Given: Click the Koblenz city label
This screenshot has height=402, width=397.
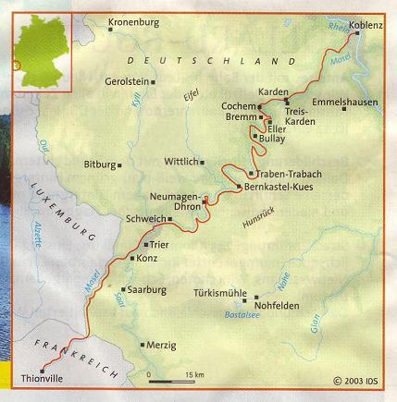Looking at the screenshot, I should [x=366, y=26].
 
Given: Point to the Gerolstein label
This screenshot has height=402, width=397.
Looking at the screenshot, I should [x=126, y=81].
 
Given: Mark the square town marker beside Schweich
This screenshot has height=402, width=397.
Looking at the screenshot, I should [x=170, y=219].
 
